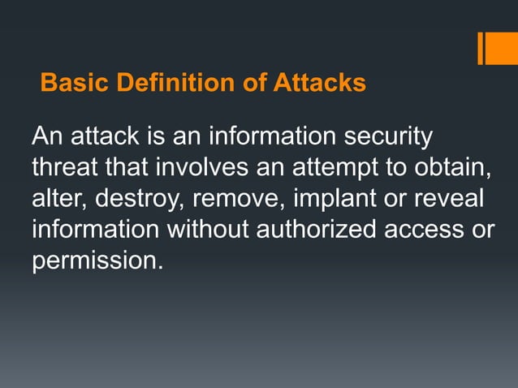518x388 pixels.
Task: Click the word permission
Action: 92,261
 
